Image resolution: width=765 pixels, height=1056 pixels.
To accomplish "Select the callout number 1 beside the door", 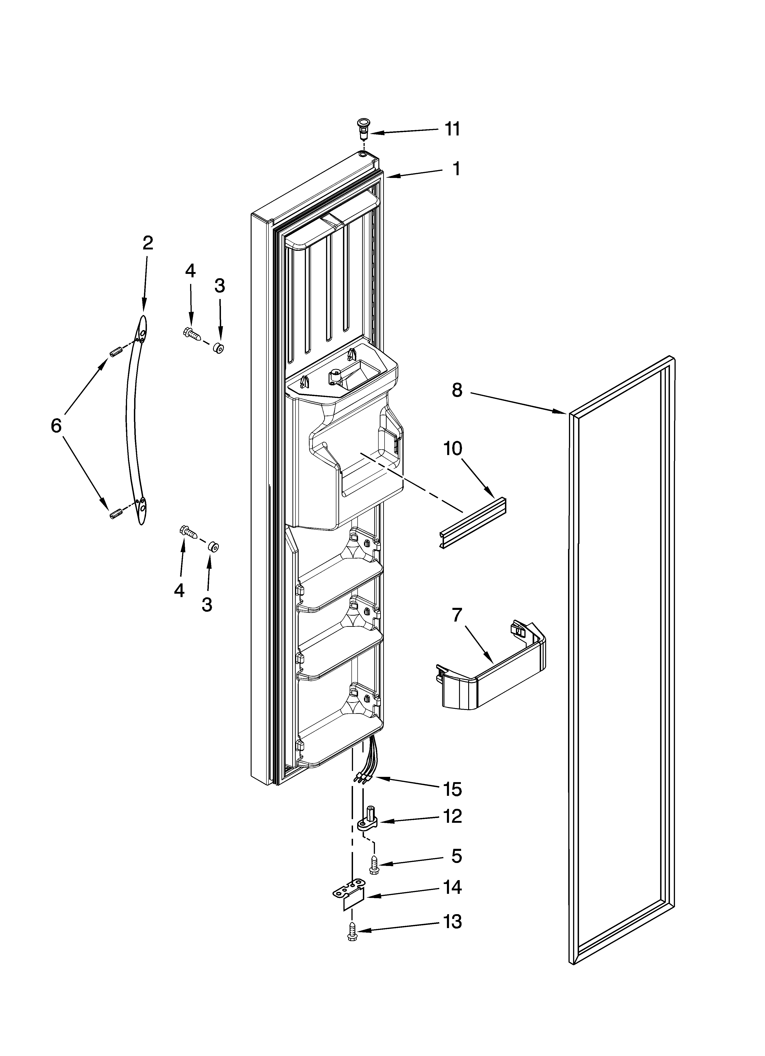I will (457, 169).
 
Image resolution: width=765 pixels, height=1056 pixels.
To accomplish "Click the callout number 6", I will (56, 425).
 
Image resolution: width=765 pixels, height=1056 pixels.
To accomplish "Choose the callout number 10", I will (452, 448).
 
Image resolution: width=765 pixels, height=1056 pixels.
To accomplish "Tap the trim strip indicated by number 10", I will (473, 522).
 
